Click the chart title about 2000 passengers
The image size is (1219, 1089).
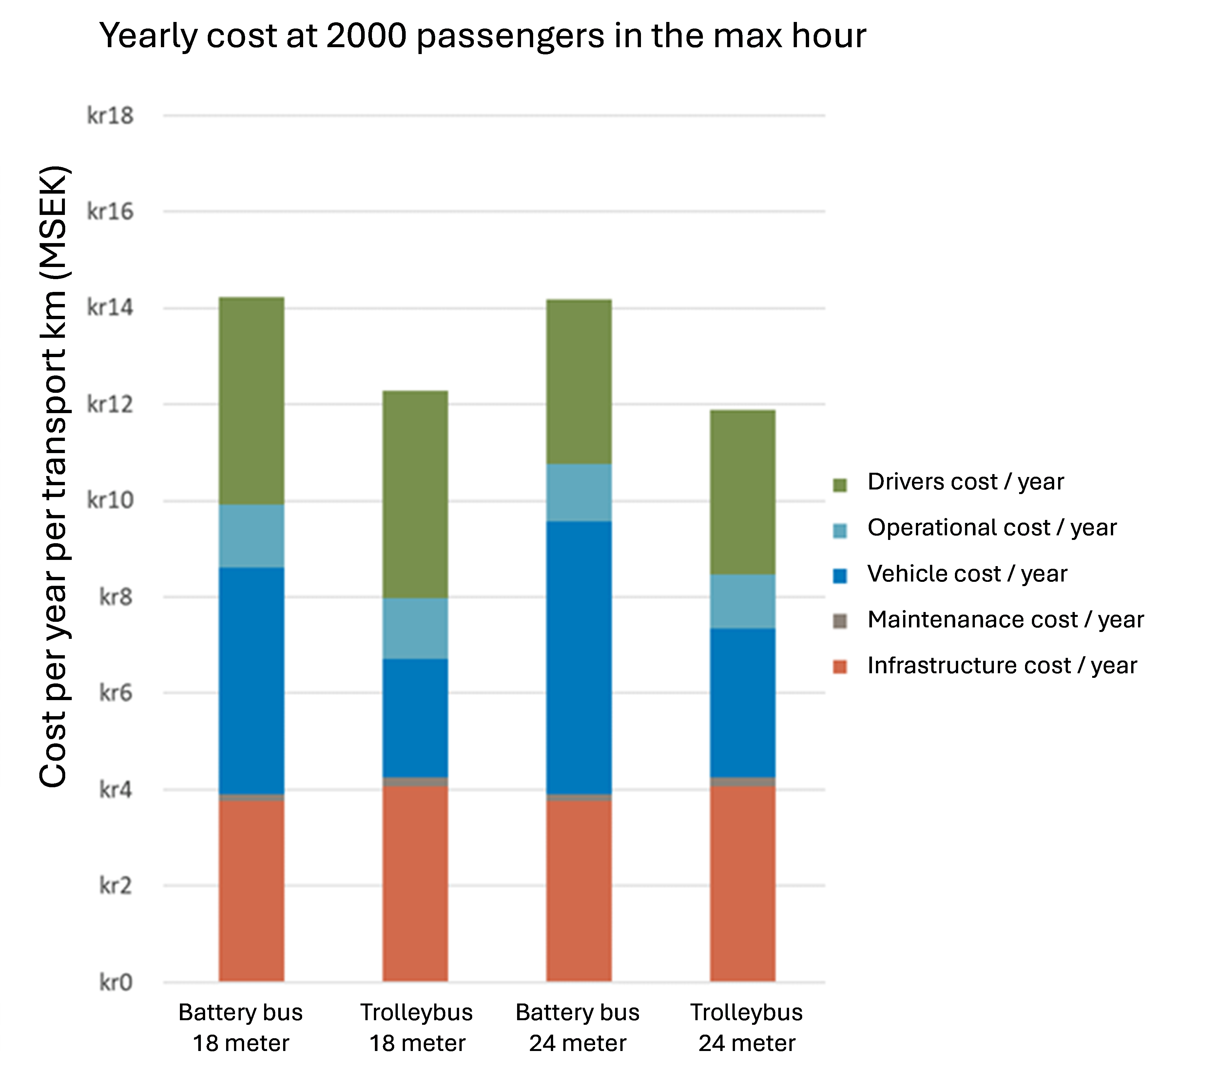(482, 36)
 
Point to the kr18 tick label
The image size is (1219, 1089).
(110, 115)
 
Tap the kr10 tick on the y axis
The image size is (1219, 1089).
(110, 500)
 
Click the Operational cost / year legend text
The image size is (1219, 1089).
(992, 528)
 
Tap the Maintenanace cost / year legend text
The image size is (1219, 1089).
(1005, 620)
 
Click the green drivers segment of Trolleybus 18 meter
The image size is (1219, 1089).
(415, 494)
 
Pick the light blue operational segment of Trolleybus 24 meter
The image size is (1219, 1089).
(743, 602)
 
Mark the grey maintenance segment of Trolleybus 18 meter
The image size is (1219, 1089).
(415, 782)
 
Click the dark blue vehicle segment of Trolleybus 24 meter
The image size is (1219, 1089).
(743, 703)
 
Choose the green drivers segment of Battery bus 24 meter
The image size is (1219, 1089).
(579, 382)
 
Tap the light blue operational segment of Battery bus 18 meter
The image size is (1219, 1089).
(251, 536)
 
